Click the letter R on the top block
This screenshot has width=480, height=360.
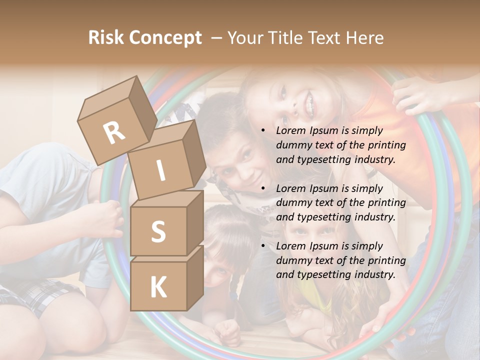114,132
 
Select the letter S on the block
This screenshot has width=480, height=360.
158,231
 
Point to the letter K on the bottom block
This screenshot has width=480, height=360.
158,287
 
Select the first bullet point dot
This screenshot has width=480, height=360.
263,131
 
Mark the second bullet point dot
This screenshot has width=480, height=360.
263,188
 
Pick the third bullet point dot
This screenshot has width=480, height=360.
263,246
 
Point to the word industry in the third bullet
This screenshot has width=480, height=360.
375,274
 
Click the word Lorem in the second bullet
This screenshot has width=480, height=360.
289,188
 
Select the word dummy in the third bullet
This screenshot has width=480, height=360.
292,260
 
